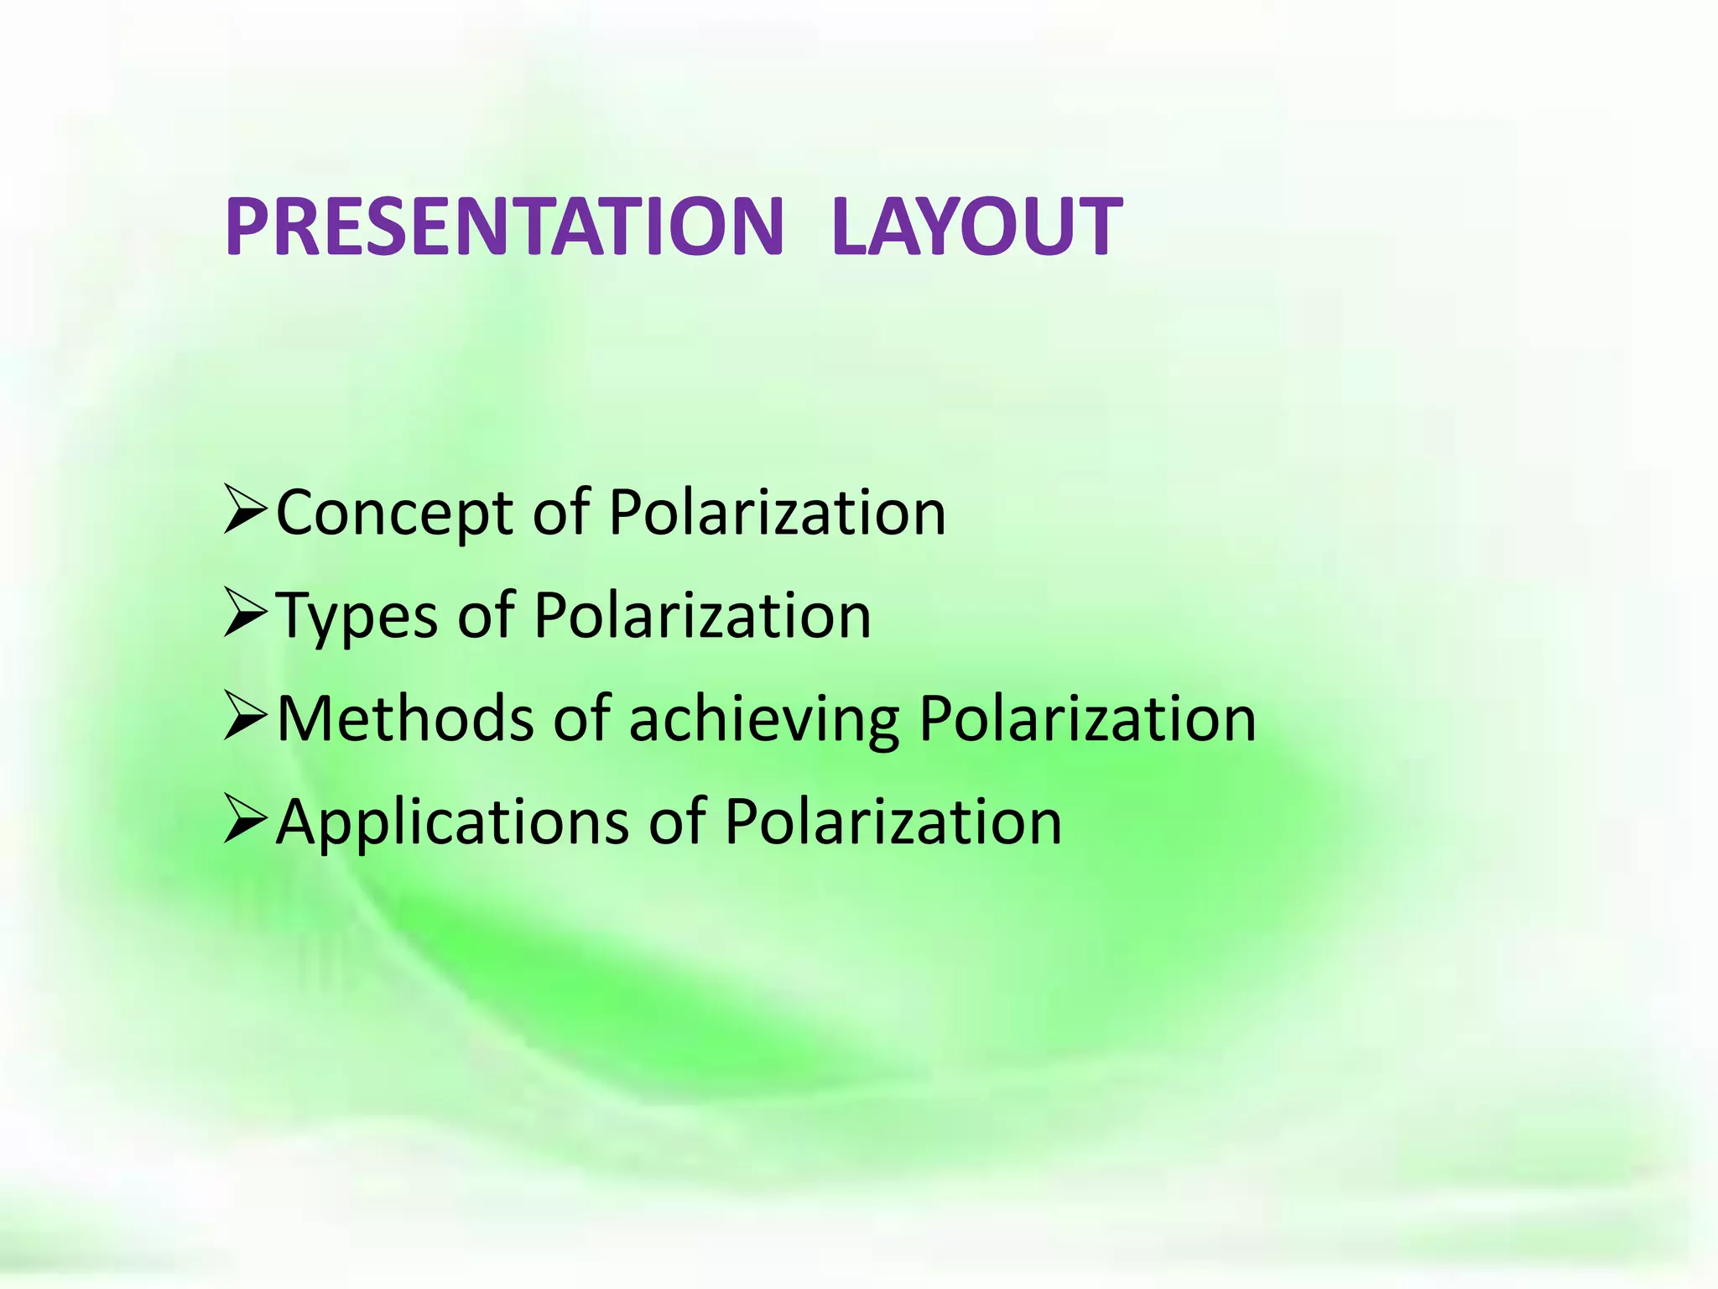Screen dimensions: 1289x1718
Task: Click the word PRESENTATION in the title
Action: coord(503,227)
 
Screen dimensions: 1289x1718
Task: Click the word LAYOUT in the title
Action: coord(976,227)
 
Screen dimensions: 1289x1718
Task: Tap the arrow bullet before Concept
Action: coord(245,510)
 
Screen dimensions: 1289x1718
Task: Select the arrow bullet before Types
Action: coord(245,613)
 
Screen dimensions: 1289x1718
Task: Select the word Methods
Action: coord(404,719)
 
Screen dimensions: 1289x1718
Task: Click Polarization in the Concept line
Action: coord(777,512)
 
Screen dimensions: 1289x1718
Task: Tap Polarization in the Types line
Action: coord(702,615)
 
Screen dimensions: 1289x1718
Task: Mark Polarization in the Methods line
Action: coord(1087,718)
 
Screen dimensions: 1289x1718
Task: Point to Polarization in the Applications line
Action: coord(893,822)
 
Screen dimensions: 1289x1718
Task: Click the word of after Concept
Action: coord(561,512)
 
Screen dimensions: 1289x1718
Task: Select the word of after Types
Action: coord(486,615)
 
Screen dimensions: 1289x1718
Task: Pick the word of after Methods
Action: coord(581,718)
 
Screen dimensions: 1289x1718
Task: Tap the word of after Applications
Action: coord(677,822)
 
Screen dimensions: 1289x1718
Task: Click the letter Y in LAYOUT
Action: coord(940,227)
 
